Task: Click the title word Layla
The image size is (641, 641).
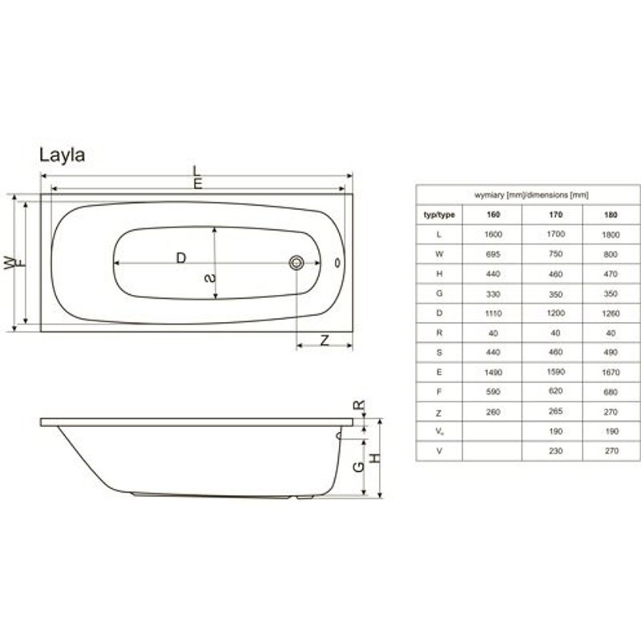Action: click(x=62, y=155)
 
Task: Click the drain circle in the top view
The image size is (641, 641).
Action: click(x=297, y=262)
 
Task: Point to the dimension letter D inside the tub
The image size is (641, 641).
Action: click(x=181, y=258)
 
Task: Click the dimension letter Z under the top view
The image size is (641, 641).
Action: click(x=325, y=340)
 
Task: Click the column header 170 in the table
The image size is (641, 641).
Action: click(x=552, y=215)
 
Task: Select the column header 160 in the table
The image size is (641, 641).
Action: click(x=493, y=215)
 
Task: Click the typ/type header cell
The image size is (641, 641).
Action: click(x=439, y=215)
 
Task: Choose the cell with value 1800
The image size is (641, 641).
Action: click(x=611, y=235)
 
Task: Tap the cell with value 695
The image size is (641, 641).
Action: click(x=493, y=254)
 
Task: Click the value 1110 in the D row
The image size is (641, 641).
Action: click(x=493, y=313)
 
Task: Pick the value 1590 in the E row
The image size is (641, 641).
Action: click(x=552, y=373)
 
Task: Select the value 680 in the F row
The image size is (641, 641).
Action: click(x=611, y=392)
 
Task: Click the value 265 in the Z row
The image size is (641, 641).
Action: click(x=552, y=412)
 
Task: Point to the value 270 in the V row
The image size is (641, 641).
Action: click(x=611, y=451)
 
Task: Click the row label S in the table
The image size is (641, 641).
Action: click(x=439, y=353)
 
